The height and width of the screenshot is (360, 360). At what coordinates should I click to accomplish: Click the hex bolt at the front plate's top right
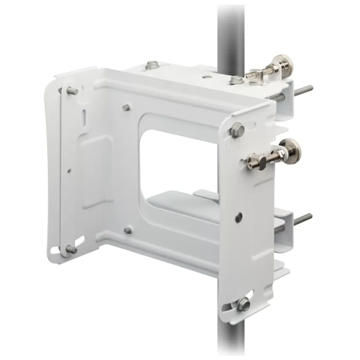(237, 130)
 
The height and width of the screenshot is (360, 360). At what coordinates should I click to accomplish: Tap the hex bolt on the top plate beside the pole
(234, 81)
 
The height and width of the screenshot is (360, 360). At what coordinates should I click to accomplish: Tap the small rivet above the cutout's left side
(126, 107)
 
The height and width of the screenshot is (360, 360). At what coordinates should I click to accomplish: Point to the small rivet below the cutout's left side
(128, 230)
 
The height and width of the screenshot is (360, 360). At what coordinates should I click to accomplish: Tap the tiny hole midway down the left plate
(68, 170)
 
